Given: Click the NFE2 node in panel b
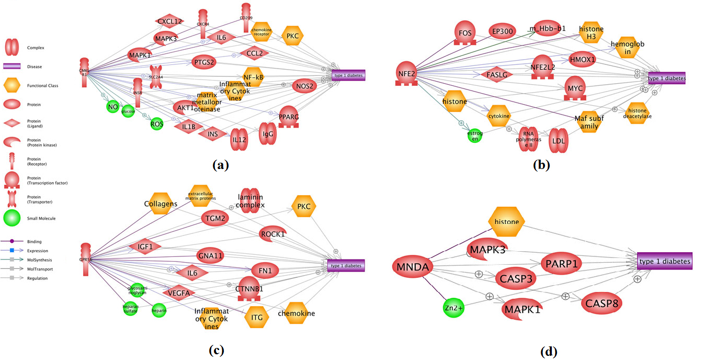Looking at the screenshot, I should pos(406,75).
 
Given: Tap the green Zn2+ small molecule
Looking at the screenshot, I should pos(453,308).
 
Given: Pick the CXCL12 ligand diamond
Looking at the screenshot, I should pos(169,21).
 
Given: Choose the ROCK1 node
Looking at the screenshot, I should pos(272,234).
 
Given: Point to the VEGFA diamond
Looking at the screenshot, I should pos(178,293).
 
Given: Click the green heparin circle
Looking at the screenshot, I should pos(158,311).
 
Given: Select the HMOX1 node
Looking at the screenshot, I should pos(582,59).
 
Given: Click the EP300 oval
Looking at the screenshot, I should pos(503,31).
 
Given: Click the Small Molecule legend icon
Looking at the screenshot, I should pos(13,218).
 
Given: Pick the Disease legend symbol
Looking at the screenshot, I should pos(13,66).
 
